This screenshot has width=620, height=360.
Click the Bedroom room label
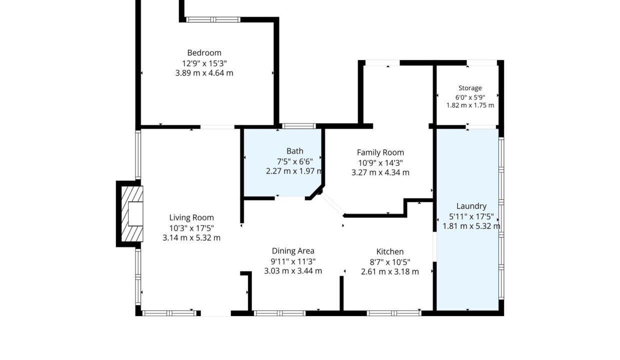click(204, 53)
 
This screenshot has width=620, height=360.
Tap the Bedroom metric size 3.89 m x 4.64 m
click(204, 73)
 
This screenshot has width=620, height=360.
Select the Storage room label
click(470, 88)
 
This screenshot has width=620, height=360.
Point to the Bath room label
click(295, 151)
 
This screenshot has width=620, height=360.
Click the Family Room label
click(380, 152)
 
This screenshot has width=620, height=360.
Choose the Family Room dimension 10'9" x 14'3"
click(380, 162)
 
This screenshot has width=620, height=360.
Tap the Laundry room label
click(471, 206)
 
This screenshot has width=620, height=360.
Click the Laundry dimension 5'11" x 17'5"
click(471, 216)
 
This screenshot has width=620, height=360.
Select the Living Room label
click(191, 218)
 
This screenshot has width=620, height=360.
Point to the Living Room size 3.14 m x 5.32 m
click(191, 238)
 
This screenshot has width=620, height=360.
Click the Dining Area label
click(293, 251)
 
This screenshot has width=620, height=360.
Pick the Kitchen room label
click(389, 252)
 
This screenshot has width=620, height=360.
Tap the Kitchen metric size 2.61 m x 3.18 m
click(389, 272)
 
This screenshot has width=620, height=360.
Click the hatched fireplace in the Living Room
click(132, 214)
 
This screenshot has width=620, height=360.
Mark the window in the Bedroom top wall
click(213, 19)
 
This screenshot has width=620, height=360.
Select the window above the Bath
click(299, 126)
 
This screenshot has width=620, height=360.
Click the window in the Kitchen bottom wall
click(394, 313)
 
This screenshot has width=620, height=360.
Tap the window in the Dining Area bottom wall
click(279, 313)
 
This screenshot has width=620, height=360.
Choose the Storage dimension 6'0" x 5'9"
click(470, 97)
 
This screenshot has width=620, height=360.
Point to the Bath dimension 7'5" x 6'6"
click(295, 161)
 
